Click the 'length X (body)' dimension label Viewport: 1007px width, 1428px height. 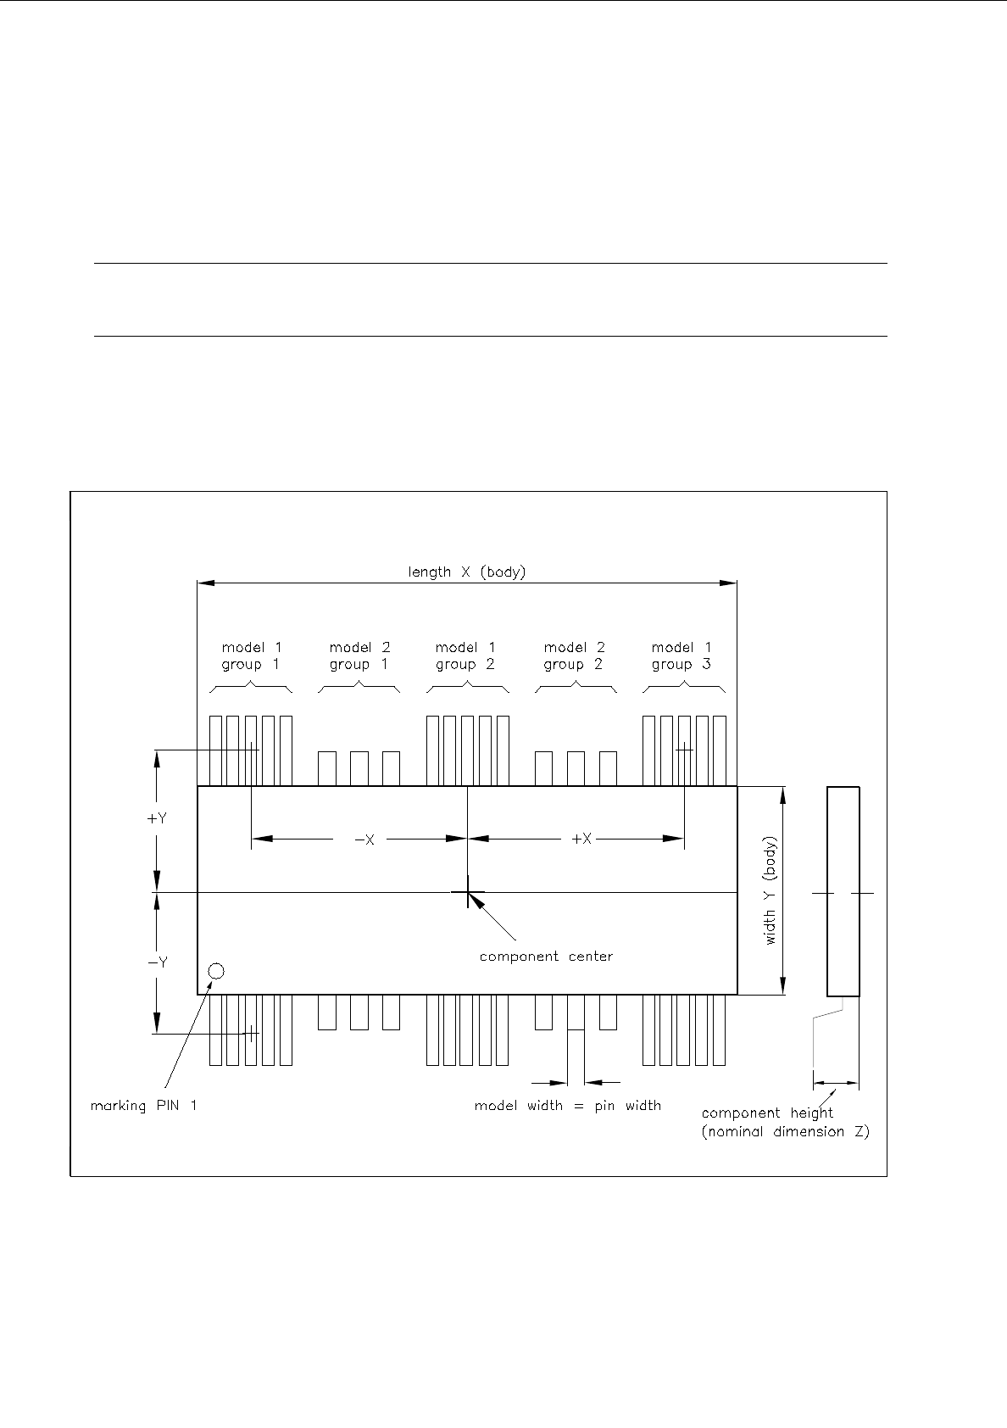[466, 572]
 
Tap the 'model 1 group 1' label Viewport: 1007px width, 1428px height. [251, 656]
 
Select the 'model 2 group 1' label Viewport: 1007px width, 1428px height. [359, 656]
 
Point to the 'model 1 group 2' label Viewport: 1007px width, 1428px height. [465, 656]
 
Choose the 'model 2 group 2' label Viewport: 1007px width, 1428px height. [573, 656]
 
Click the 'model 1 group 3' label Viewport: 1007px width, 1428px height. [681, 656]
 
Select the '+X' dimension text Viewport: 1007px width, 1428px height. [581, 840]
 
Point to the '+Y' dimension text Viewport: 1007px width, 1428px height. [157, 819]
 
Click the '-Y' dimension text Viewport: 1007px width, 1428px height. [157, 962]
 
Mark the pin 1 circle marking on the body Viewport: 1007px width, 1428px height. [216, 971]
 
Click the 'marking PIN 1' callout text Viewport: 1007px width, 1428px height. [143, 1106]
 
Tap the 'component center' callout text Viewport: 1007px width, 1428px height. [546, 957]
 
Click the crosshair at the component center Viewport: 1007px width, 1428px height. [467, 892]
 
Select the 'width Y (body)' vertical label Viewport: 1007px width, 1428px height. [771, 891]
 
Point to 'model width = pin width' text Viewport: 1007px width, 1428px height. [567, 1106]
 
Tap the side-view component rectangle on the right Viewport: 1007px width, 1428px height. [843, 890]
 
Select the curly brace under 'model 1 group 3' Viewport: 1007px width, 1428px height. [683, 688]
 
